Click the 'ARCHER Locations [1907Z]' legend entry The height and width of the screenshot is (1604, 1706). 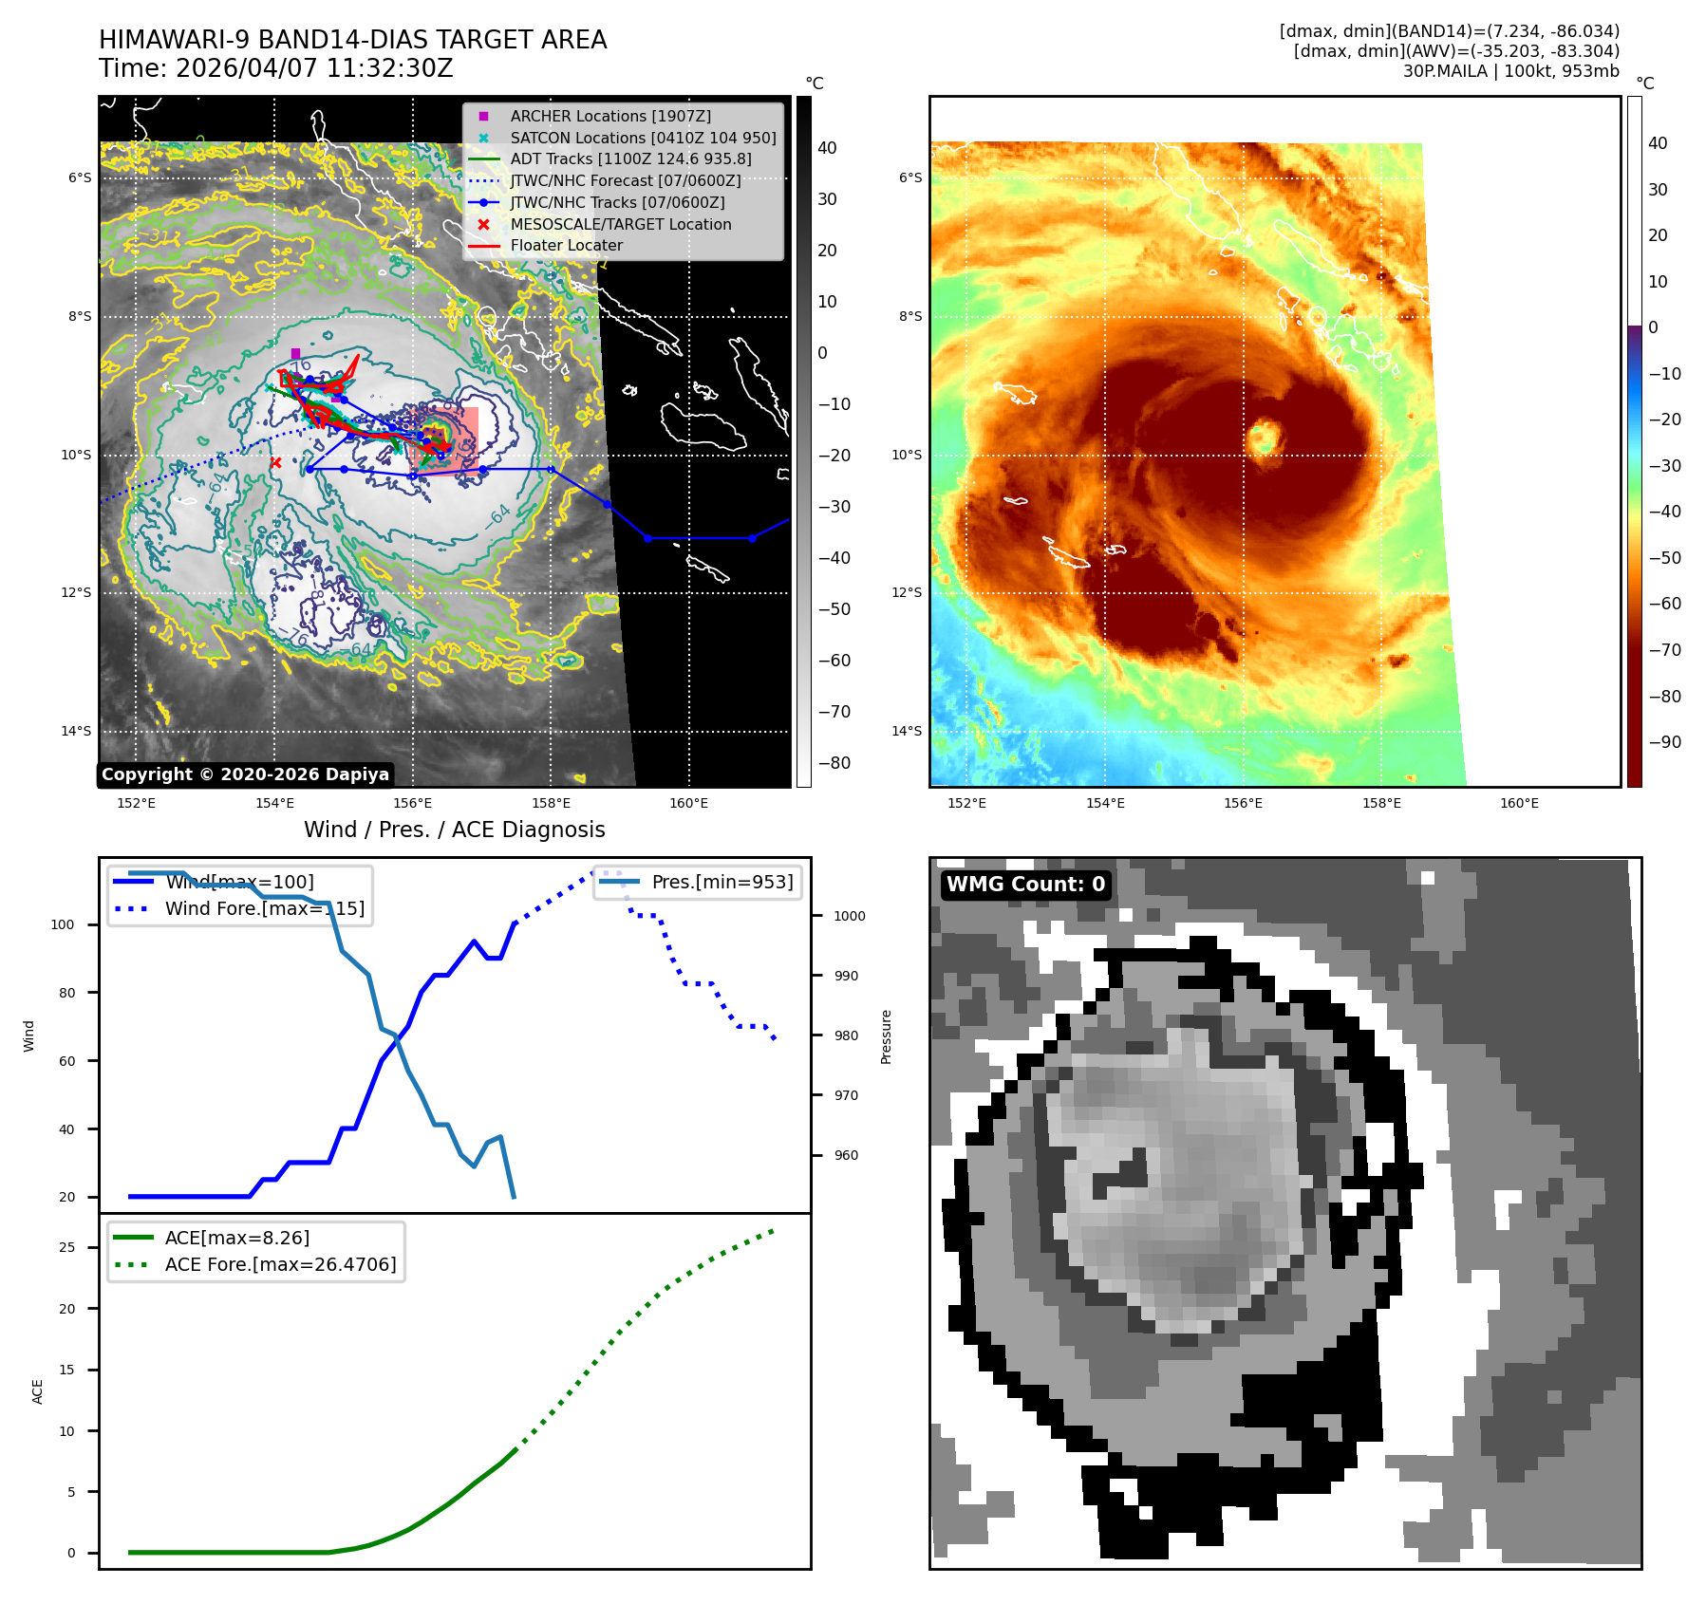[609, 116]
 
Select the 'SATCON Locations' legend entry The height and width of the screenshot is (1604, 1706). [642, 138]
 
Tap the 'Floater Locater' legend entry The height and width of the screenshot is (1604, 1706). [566, 245]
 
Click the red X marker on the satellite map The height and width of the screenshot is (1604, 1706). [275, 463]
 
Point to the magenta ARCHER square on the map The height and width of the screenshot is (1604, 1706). [295, 353]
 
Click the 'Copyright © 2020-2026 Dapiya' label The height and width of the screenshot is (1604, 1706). [245, 774]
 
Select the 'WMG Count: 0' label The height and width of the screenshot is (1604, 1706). [1025, 885]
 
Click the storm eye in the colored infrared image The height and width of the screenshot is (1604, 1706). [1264, 438]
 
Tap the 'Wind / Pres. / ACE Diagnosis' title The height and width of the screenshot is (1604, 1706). [454, 830]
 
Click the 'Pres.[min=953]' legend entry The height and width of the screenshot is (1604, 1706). [722, 882]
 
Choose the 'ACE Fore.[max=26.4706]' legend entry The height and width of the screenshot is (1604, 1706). [280, 1264]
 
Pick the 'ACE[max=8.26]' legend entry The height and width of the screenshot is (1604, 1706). [236, 1238]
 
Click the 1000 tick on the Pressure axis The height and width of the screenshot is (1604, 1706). [849, 916]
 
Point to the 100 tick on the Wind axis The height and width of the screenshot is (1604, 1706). [63, 924]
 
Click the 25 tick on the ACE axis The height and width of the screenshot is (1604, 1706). [66, 1247]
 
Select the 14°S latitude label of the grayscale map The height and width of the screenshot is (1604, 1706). [77, 731]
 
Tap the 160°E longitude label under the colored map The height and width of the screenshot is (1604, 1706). [1519, 803]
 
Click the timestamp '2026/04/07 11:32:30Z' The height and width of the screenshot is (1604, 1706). [314, 68]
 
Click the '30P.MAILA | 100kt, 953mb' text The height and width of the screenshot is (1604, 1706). [1510, 71]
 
